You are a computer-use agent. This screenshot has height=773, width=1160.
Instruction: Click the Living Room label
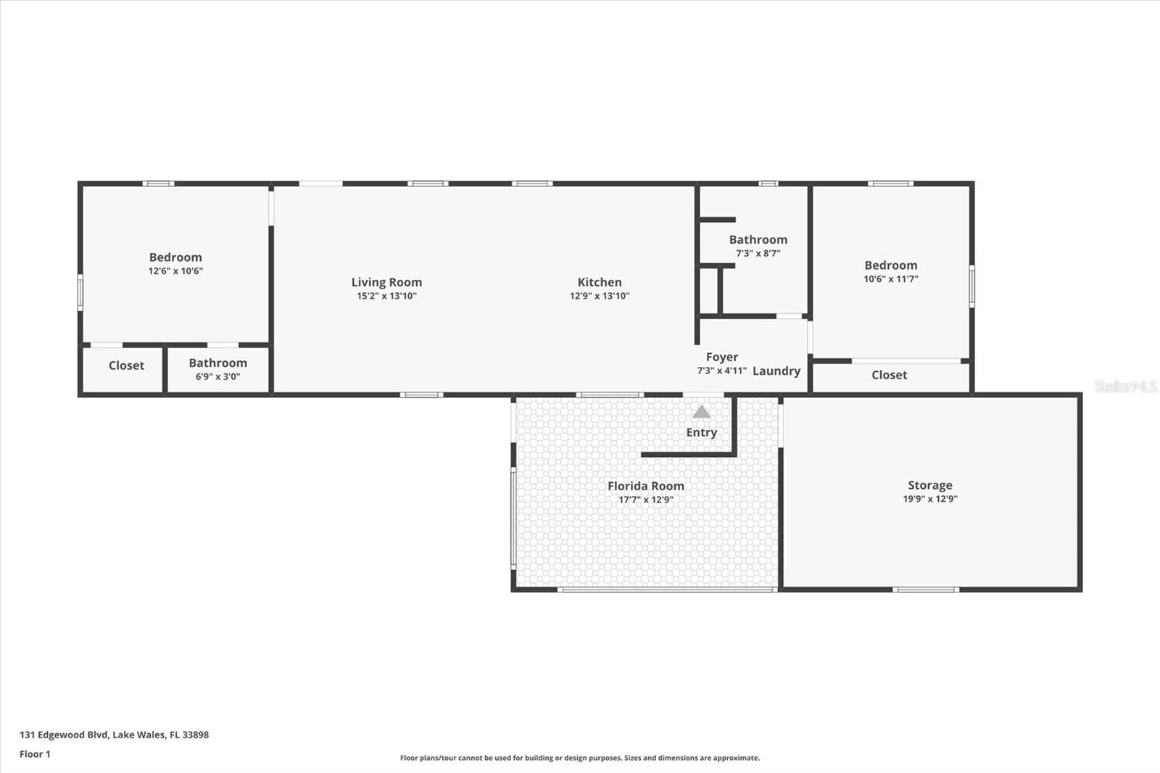386,282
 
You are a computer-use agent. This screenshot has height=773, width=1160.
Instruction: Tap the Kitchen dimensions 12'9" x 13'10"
599,296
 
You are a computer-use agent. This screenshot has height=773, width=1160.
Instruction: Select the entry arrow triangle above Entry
701,412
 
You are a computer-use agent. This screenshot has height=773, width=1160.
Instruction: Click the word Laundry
776,371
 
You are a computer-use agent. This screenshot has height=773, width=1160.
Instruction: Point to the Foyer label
721,357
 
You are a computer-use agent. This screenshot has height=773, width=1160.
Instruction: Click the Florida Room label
645,486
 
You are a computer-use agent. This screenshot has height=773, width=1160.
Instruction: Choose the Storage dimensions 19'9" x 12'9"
929,499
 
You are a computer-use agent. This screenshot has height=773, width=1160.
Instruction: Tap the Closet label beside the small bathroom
126,365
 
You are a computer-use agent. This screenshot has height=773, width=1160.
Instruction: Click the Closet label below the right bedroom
889,375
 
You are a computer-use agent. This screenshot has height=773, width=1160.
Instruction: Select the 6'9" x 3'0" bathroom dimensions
217,376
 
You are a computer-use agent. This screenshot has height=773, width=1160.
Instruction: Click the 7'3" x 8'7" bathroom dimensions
758,253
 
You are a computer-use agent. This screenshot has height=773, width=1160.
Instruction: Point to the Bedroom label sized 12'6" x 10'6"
175,257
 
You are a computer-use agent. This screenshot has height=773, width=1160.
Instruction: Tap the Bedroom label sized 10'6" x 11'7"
890,265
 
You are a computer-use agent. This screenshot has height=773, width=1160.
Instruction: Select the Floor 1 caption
35,754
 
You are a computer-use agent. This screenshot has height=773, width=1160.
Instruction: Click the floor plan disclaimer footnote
580,758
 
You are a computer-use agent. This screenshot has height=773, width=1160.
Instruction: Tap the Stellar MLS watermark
1125,386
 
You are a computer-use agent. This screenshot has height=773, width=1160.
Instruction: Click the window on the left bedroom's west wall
80,292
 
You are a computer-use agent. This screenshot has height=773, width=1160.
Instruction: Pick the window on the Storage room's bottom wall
925,590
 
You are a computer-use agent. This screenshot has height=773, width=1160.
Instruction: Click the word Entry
701,432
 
